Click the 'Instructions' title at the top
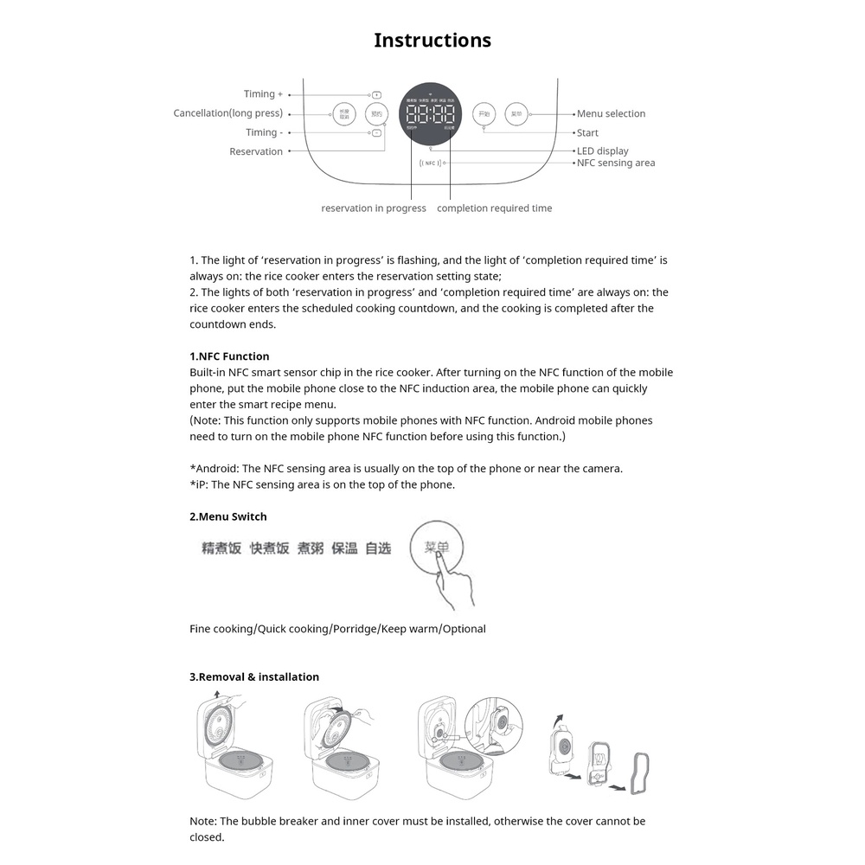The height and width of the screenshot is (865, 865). coord(432,41)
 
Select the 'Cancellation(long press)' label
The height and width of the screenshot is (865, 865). coord(227,113)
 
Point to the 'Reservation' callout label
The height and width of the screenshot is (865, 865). coord(255,151)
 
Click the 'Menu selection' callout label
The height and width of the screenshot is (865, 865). coord(611,113)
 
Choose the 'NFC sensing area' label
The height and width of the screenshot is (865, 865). coord(616,163)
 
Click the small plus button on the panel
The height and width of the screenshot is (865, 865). coord(376,94)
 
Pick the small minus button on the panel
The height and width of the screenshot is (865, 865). coord(376,133)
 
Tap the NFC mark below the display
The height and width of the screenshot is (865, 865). coord(430,163)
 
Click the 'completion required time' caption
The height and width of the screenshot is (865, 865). coord(494,208)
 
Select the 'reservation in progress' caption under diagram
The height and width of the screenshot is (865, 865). coord(373,208)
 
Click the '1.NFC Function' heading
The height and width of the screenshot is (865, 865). coord(229,356)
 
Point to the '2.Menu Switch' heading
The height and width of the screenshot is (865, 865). coord(228,516)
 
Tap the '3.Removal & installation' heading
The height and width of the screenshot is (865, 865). coord(254,676)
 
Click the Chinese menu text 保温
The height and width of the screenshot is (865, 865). coord(344,548)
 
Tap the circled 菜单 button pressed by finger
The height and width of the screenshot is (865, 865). coord(436,548)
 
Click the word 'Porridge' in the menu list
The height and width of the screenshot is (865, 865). coord(355,629)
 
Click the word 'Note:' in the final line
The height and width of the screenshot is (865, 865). coord(203,821)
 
